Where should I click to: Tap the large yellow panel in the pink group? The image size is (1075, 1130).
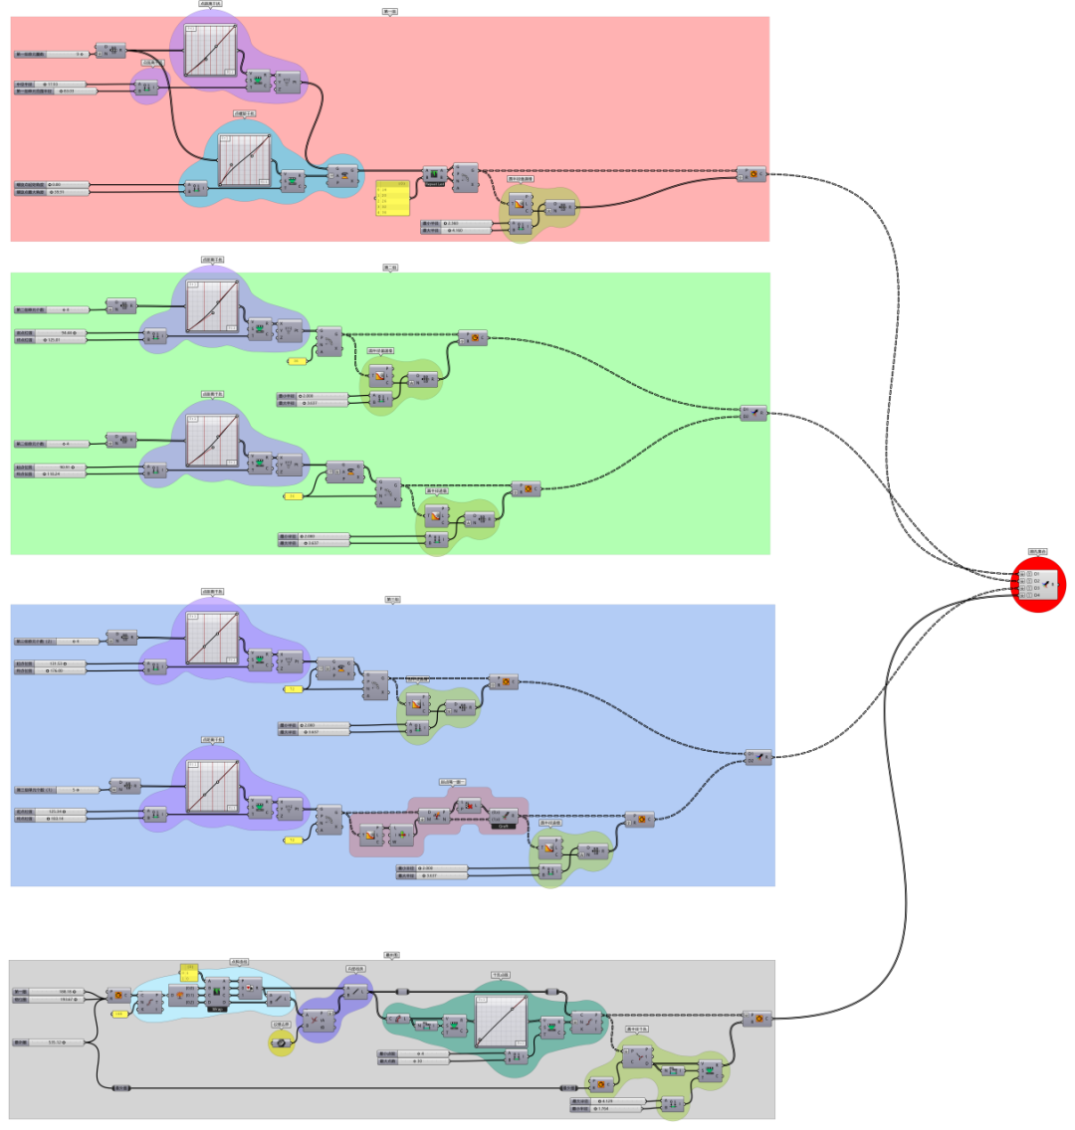392,199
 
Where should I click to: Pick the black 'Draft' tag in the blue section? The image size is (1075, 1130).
503,826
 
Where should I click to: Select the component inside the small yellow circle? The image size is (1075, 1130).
281,1041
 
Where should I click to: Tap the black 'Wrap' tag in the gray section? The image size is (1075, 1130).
215,1008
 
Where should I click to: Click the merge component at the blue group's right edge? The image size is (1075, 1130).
758,757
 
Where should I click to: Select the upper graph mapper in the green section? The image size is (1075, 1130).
213,303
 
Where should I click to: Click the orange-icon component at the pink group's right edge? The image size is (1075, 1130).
752,174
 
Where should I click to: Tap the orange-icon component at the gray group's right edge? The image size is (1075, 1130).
757,1018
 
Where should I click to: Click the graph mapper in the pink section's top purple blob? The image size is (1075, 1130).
212,50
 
